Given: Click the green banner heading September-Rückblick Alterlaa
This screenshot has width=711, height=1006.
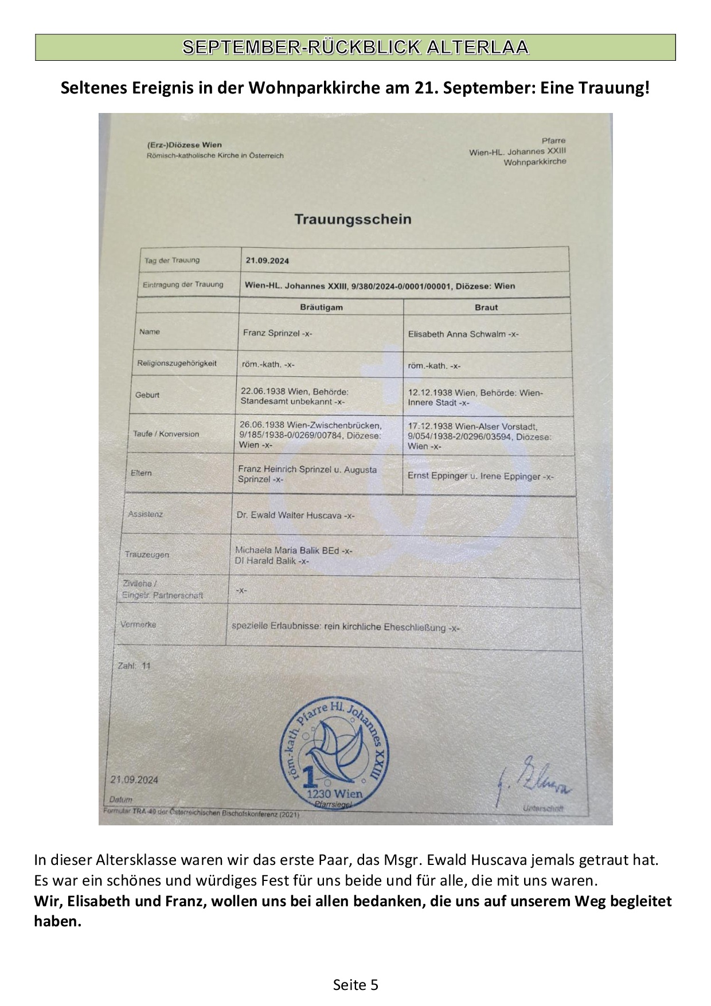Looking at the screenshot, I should coord(355,47).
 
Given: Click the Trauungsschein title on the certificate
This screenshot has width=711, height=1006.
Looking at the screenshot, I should coord(353,219).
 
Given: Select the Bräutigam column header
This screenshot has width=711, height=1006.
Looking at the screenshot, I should coord(321,307).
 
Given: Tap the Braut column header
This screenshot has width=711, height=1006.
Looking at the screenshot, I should coord(486,307).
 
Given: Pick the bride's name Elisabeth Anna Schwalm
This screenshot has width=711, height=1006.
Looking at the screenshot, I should coord(463,334).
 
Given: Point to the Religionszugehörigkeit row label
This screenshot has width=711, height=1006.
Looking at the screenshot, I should coord(177,364).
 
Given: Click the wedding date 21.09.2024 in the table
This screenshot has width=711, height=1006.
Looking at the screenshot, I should coord(267,261).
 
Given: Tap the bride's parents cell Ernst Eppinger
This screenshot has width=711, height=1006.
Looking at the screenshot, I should coord(480,476).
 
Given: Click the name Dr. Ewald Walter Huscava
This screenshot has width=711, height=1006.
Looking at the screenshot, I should coord(295,516).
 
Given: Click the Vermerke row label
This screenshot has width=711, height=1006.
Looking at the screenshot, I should coord(138,625).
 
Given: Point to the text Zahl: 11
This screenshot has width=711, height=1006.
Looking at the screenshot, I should coord(134,666).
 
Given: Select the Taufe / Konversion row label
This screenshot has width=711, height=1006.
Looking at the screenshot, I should coord(166,434).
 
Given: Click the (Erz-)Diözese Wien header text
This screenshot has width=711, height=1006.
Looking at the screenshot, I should coord(184,145).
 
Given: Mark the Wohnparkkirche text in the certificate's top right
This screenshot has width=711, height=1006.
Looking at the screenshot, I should coord(534,162).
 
